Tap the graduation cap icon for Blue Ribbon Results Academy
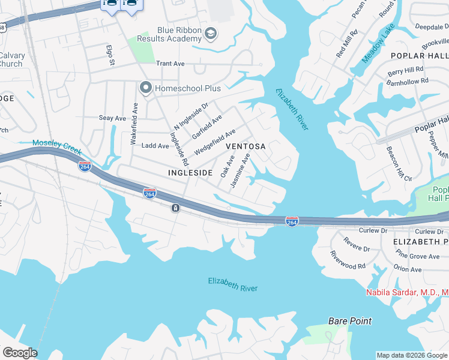pos(210,34)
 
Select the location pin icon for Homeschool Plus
pos(145,88)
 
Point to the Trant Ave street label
pos(170,63)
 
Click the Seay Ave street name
pos(112,118)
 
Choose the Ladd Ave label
pos(155,146)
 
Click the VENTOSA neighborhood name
pos(245,146)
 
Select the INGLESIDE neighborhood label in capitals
pos(190,173)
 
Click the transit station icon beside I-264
pos(174,208)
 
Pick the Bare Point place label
pos(350,321)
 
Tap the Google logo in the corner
pos(19,353)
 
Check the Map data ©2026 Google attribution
pos(411,355)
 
